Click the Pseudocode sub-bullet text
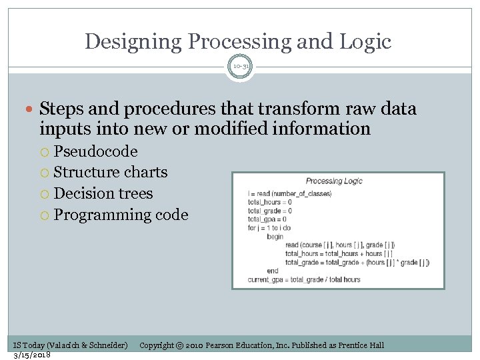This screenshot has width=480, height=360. (95, 151)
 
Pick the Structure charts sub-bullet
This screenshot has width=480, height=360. (110, 172)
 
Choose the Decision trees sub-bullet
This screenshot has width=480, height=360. (103, 193)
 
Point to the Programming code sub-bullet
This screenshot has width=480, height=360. (121, 215)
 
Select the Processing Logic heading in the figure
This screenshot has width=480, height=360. (333, 181)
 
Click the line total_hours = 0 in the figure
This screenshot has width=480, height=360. (269, 202)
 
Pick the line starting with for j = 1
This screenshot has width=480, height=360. (269, 228)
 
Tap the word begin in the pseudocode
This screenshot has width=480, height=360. (275, 237)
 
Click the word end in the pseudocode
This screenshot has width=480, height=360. (272, 271)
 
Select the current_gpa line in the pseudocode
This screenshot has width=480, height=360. (303, 279)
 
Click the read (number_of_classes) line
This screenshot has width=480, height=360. (289, 194)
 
